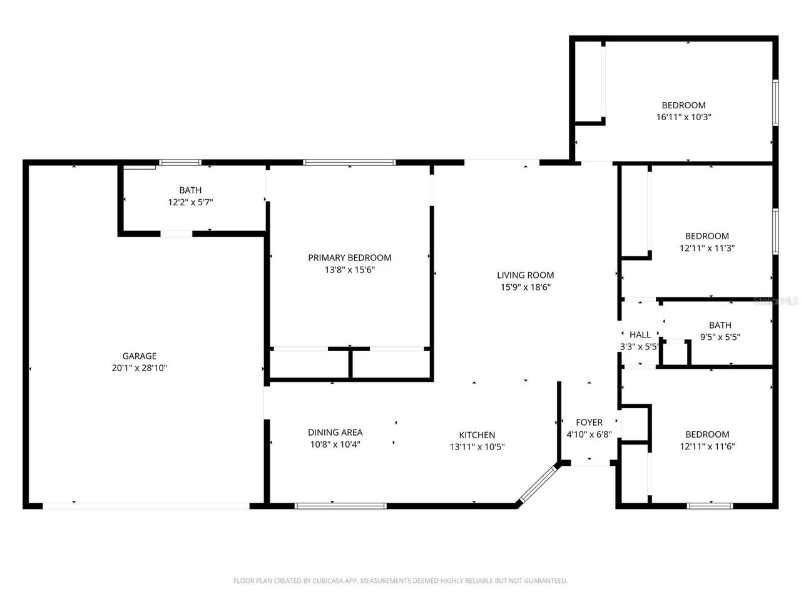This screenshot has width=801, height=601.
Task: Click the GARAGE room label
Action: [x=139, y=356]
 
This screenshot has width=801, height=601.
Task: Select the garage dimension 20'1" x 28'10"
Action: [x=139, y=368]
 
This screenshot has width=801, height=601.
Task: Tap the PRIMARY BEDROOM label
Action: [x=349, y=258]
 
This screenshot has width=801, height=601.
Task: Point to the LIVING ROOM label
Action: [x=525, y=275]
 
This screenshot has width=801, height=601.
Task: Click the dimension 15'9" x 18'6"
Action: [x=525, y=287]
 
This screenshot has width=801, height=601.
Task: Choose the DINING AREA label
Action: [x=335, y=432]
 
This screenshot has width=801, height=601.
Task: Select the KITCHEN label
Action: [x=477, y=435]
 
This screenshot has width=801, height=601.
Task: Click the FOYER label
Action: [x=589, y=423]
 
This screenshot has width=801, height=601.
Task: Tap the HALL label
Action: [x=640, y=334]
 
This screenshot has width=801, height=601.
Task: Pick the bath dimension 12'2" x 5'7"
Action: [x=190, y=202]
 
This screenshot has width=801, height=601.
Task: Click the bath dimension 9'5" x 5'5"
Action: [x=720, y=336]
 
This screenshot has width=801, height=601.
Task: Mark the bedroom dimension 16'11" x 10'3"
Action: [x=683, y=117]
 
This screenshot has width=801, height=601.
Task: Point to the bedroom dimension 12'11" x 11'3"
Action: [x=707, y=248]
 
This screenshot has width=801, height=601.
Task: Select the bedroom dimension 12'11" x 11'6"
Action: [x=707, y=446]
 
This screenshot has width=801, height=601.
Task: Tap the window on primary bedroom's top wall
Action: [x=349, y=163]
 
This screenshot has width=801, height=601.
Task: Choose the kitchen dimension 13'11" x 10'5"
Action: [x=477, y=447]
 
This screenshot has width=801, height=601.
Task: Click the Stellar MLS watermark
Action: [x=776, y=301]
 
